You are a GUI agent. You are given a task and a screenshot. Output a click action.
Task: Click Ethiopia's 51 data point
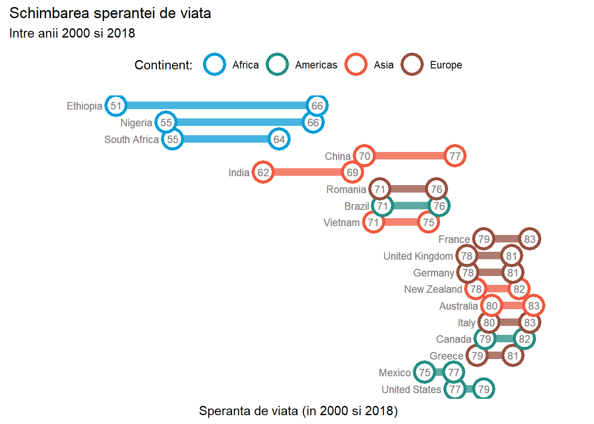tap(116, 106)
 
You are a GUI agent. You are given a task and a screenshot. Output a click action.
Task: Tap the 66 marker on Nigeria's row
tap(313, 122)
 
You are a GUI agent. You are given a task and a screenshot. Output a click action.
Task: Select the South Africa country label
tap(131, 140)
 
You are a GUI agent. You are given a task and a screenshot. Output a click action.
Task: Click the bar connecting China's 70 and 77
tap(409, 156)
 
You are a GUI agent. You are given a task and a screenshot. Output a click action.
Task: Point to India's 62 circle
tap(263, 172)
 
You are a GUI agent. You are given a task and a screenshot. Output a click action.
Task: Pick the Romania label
tap(346, 189)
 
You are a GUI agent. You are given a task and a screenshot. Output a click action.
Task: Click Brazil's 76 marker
tap(439, 206)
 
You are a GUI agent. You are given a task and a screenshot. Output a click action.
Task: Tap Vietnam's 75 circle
tap(428, 222)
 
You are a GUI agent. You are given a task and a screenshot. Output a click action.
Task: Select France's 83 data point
tap(529, 239)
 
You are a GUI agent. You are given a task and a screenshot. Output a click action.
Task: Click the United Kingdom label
tap(418, 256)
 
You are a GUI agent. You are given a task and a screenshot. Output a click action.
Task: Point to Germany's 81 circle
tap(513, 273)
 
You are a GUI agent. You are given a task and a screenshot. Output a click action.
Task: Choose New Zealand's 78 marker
tap(476, 289)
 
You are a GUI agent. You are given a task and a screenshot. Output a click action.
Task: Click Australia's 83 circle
tap(533, 306)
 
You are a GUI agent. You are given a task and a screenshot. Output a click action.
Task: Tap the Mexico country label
tap(395, 373)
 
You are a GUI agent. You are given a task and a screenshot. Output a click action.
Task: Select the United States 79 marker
tap(484, 389)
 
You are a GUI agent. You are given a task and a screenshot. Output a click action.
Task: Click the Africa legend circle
tap(214, 64)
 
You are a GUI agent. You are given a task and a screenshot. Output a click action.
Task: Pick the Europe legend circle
tap(412, 64)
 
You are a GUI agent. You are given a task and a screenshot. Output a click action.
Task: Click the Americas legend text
tap(316, 65)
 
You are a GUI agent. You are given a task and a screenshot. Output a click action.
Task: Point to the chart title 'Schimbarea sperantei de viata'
tap(110, 13)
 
